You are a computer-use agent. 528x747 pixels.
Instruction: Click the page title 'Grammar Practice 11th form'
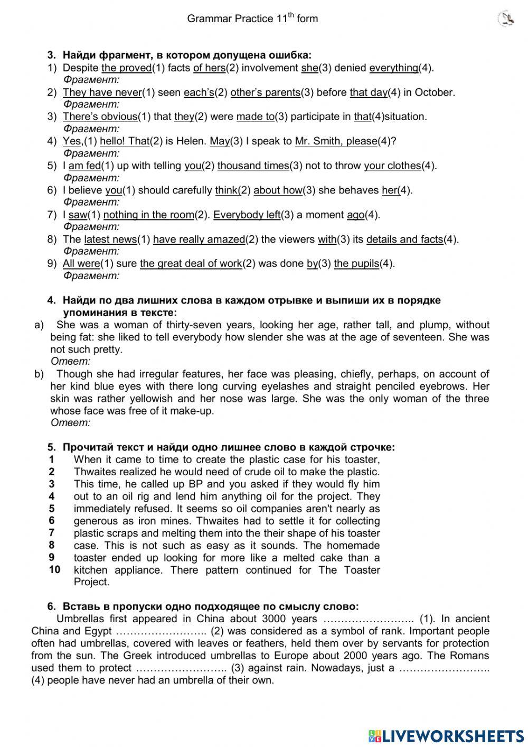(252, 19)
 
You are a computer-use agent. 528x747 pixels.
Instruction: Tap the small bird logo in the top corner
(506, 20)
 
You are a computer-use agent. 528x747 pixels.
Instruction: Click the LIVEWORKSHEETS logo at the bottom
(446, 735)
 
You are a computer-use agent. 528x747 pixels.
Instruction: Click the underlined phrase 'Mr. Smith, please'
(336, 141)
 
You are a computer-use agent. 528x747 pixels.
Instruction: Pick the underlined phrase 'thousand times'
(253, 166)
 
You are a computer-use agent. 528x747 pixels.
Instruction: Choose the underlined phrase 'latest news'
(110, 239)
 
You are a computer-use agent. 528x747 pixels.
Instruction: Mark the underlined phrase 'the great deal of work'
(191, 264)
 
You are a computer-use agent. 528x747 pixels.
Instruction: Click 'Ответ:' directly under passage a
(71, 362)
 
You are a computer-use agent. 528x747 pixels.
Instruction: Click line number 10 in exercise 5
(54, 570)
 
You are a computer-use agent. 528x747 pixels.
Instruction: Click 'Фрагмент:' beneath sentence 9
(91, 276)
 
